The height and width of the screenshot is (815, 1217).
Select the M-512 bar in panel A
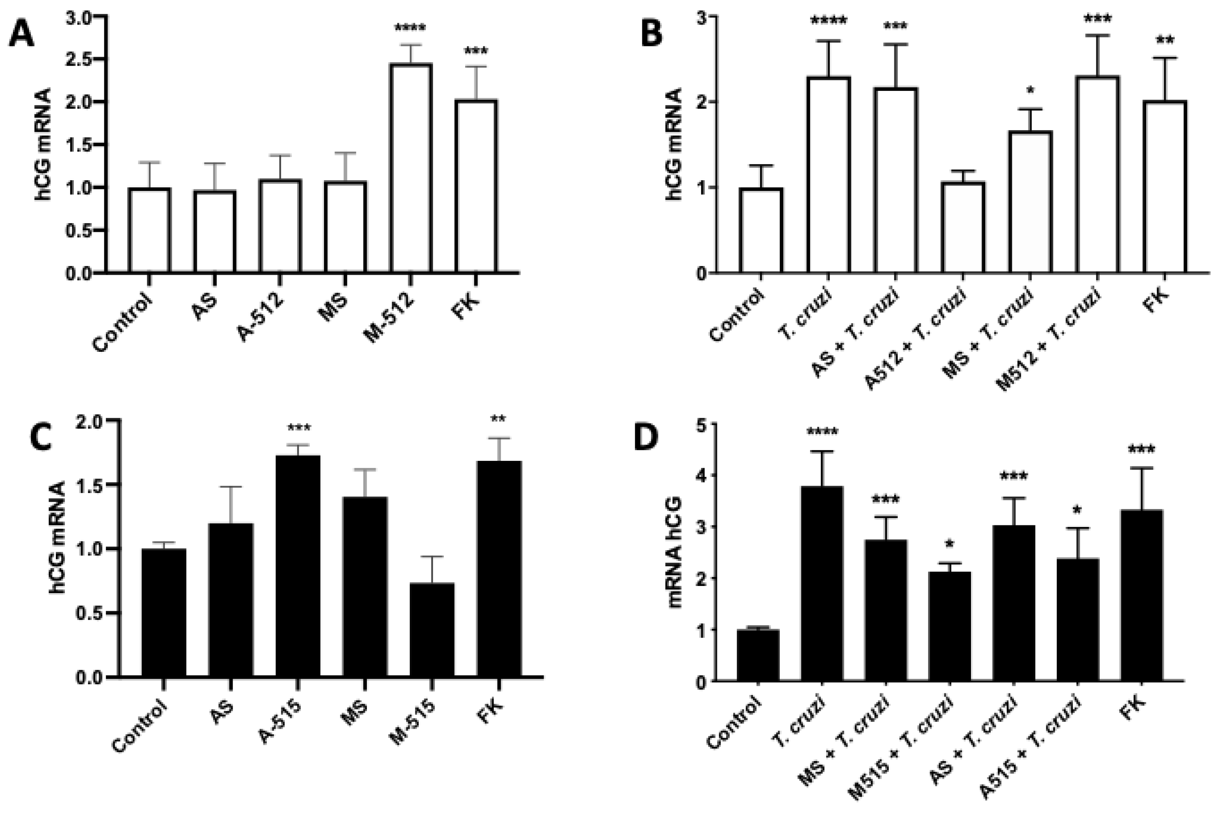tap(410, 167)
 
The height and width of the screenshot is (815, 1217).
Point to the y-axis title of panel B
tap(674, 144)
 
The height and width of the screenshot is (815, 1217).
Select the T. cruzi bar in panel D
tap(822, 583)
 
